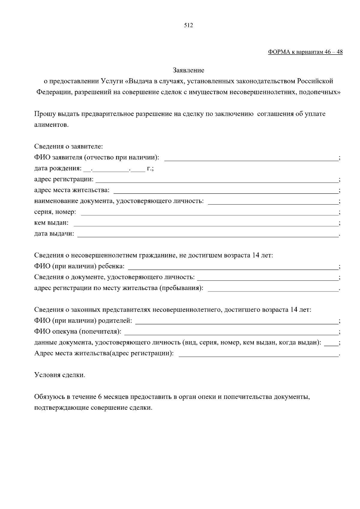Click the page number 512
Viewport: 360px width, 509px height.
188,25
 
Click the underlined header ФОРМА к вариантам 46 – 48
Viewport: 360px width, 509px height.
305,52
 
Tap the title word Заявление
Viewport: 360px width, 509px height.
188,70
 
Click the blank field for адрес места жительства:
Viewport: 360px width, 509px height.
225,191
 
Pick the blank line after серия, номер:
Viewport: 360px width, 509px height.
209,213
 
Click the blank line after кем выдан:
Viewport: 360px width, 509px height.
205,224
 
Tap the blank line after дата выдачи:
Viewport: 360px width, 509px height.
208,235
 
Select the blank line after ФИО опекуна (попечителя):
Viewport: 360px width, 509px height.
231,333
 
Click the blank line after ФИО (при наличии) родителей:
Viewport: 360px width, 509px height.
236,322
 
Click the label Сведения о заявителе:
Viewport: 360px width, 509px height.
68,147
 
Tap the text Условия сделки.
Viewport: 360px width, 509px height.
60,375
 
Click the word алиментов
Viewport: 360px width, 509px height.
51,125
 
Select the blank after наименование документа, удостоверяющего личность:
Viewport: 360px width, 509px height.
273,202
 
